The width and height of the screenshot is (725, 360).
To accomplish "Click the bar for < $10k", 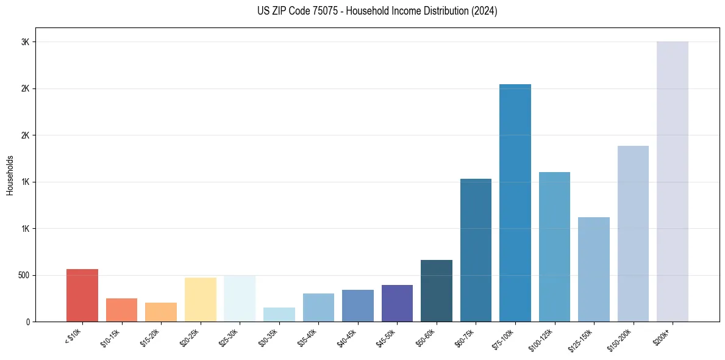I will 82,295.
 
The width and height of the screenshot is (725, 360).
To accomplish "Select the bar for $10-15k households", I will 121,310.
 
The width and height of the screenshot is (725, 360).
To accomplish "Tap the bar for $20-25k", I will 200,300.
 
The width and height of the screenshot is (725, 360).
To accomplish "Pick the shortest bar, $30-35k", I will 279,315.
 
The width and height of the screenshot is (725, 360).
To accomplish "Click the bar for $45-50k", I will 397,303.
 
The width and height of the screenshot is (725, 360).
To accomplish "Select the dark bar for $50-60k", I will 437,291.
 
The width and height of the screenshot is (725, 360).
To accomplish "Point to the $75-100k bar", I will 515,203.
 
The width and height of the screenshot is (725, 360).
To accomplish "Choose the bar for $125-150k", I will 594,270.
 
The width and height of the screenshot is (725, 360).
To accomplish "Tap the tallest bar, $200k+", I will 673,182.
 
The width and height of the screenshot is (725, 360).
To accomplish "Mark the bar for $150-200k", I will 633,234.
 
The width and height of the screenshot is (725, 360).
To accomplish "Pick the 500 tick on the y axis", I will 24,275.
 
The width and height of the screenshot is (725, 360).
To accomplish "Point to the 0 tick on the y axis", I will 28,322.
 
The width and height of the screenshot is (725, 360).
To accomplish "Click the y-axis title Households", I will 10,175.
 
